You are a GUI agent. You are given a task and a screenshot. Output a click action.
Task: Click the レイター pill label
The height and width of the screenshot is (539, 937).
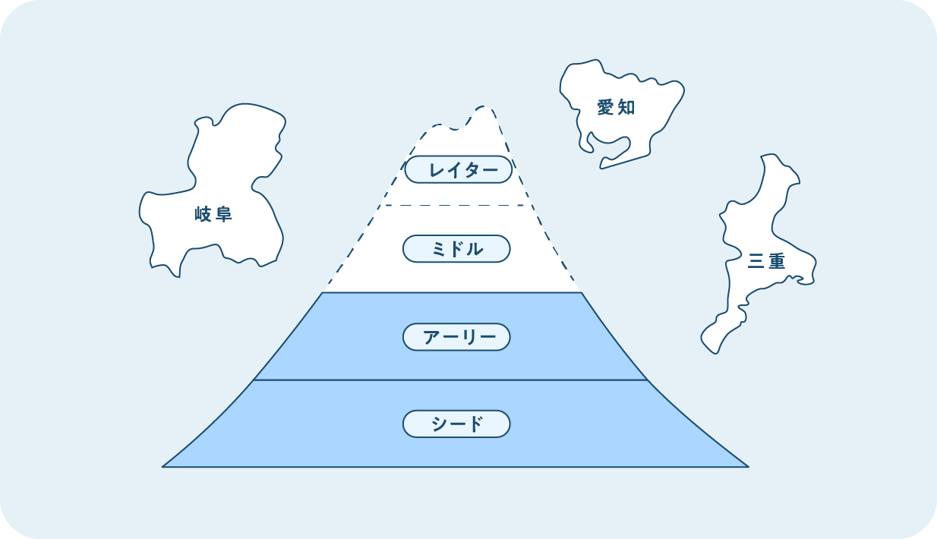pyautogui.click(x=459, y=169)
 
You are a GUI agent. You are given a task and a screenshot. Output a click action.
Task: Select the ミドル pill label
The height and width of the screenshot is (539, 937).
pyautogui.click(x=456, y=248)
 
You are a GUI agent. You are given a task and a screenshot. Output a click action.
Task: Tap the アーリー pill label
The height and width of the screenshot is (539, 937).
pyautogui.click(x=456, y=336)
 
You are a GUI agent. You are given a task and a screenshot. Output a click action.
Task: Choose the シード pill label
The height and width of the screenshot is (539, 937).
pyautogui.click(x=456, y=424)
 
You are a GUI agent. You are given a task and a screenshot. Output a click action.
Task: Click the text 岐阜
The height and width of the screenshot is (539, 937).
pyautogui.click(x=213, y=215)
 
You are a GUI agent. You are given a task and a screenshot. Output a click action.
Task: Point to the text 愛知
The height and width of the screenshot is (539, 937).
pyautogui.click(x=616, y=108)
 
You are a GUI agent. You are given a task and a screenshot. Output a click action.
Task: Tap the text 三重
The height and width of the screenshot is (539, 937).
pyautogui.click(x=766, y=261)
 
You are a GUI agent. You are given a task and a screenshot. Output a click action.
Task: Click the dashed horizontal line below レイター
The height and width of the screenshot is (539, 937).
pyautogui.click(x=456, y=205)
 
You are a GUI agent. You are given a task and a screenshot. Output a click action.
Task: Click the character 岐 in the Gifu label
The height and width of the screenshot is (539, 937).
pyautogui.click(x=203, y=215)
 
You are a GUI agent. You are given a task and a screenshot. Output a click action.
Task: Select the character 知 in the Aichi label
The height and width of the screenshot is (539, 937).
pyautogui.click(x=626, y=108)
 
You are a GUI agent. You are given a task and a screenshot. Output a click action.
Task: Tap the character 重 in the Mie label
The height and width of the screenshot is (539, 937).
pyautogui.click(x=777, y=261)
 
